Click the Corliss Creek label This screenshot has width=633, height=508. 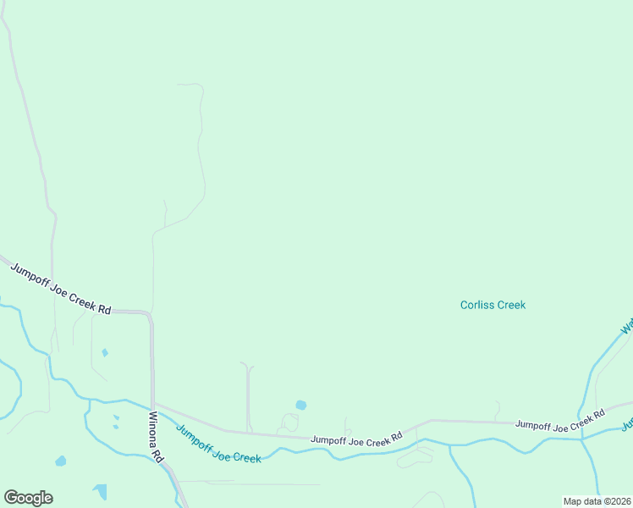[x=493, y=305]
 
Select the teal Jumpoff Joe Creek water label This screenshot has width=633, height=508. [x=218, y=444]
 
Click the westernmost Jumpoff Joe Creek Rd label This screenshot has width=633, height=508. [x=60, y=289]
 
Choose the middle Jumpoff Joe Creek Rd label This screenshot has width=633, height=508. [x=355, y=440]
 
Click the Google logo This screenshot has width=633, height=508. [x=28, y=498]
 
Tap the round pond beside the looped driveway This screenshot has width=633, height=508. [x=300, y=405]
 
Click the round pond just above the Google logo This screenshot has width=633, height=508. [x=60, y=461]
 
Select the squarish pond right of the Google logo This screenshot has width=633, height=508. [x=101, y=492]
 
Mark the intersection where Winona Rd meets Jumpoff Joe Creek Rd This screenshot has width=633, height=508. [x=153, y=404]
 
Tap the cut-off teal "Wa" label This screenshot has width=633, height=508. [x=627, y=327]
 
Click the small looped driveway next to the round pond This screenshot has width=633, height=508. [x=289, y=422]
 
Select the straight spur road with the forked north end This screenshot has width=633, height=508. [x=248, y=398]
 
